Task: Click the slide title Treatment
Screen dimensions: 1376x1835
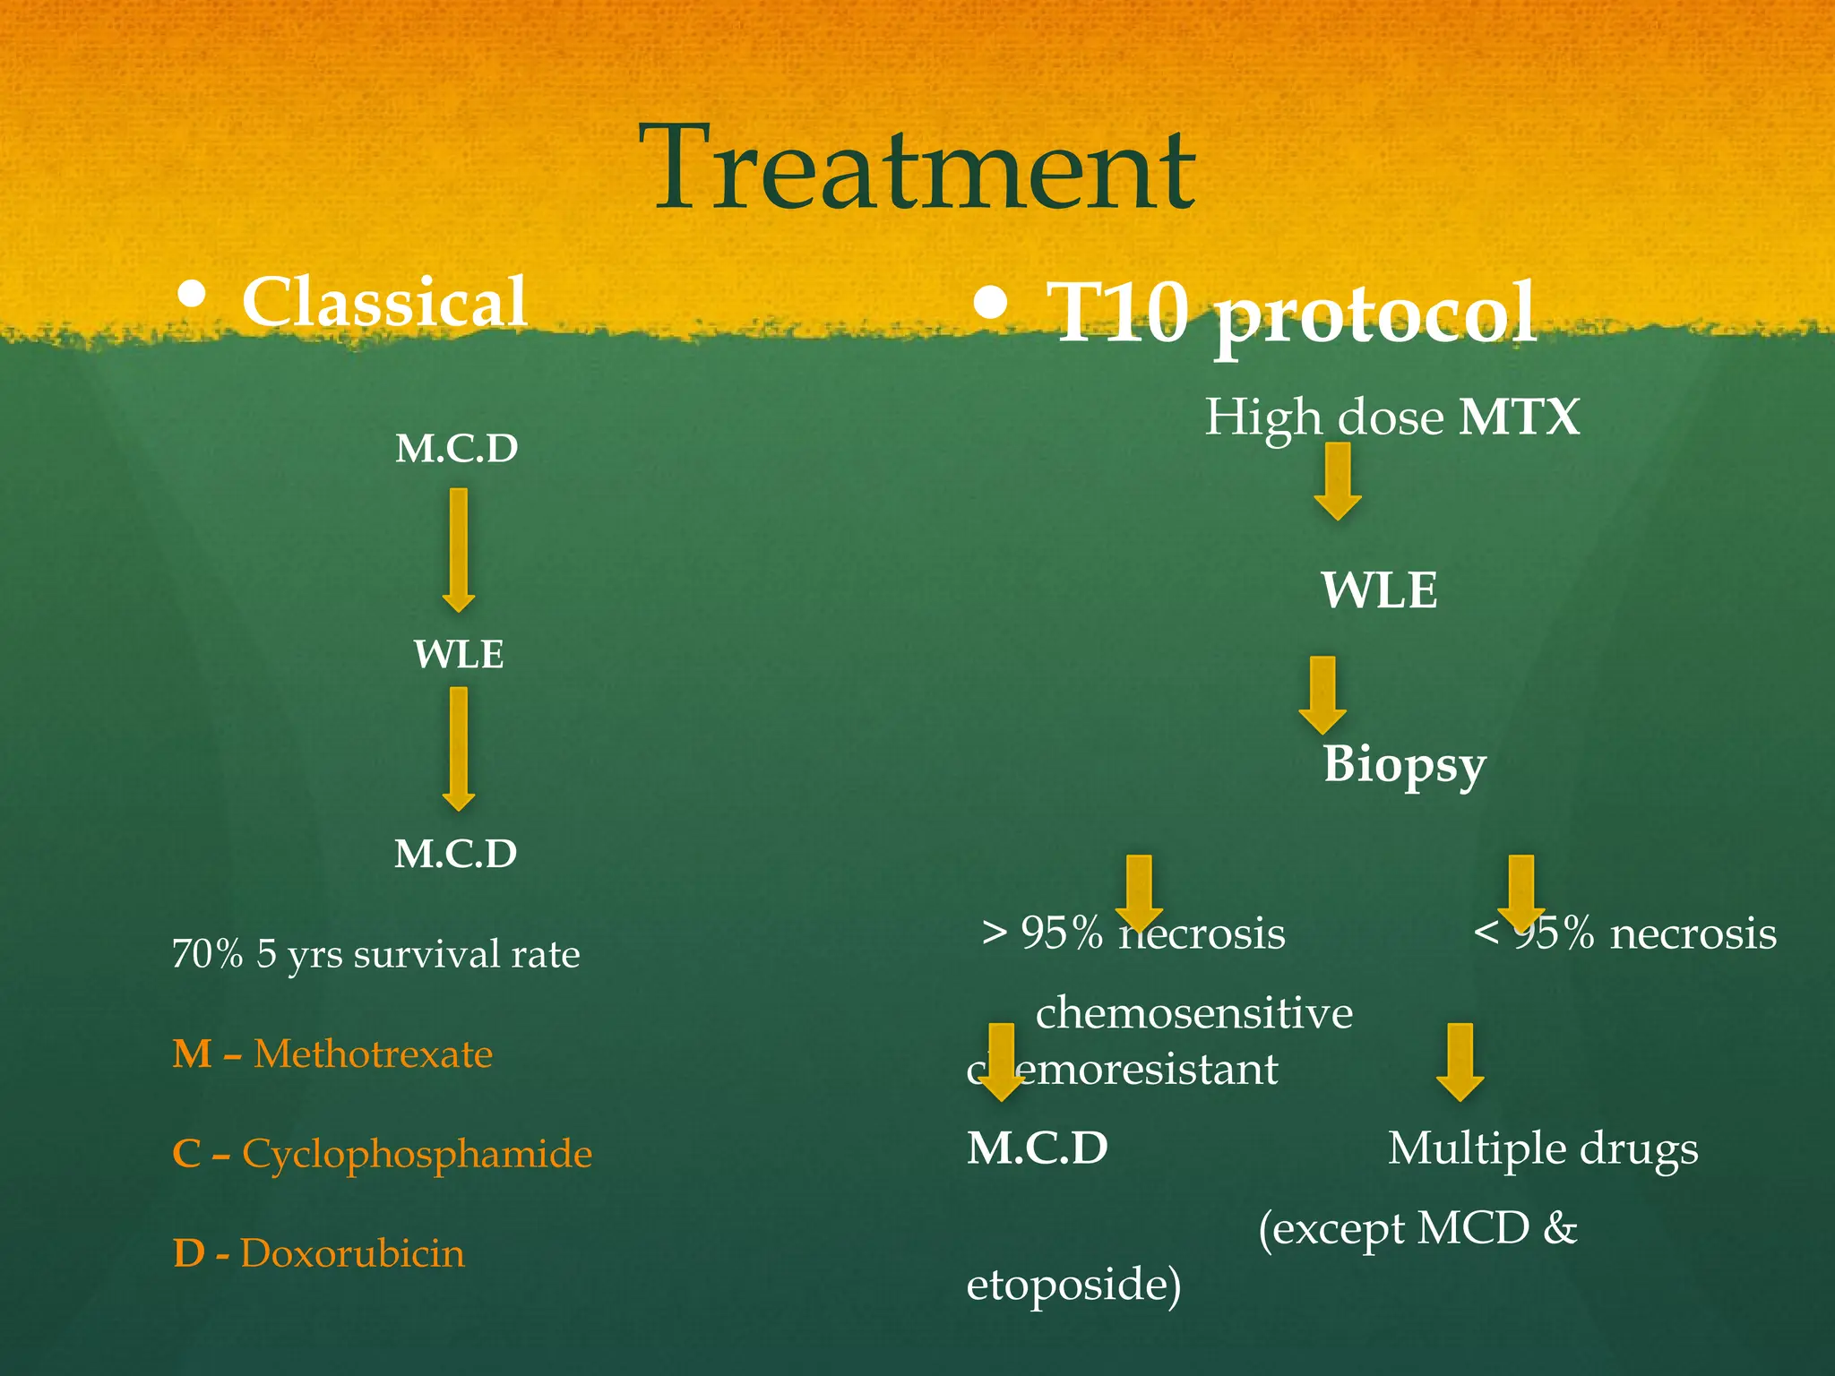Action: (x=917, y=168)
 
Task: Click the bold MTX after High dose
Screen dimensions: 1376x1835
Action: (x=1519, y=417)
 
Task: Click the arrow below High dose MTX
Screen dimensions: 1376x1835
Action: (x=1338, y=481)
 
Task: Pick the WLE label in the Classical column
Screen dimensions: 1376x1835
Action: (x=459, y=654)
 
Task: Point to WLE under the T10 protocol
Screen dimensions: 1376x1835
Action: (x=1379, y=590)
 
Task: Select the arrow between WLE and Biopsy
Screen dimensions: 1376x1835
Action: (x=1322, y=695)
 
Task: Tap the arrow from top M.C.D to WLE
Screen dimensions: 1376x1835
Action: (x=459, y=549)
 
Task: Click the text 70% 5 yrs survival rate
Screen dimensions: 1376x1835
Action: (x=375, y=954)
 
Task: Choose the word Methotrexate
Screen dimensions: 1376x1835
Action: (x=373, y=1053)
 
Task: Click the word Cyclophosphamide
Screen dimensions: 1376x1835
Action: (x=417, y=1153)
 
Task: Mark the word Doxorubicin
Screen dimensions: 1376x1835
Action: (x=352, y=1252)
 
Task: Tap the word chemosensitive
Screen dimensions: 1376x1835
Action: (x=1193, y=1013)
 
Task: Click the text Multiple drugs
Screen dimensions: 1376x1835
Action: (x=1542, y=1148)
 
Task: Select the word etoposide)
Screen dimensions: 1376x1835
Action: (x=1073, y=1284)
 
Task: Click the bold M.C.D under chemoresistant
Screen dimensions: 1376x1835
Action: (x=1038, y=1148)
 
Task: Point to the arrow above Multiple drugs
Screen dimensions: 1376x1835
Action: (x=1460, y=1062)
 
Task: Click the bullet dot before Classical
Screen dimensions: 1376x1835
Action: (x=192, y=296)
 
